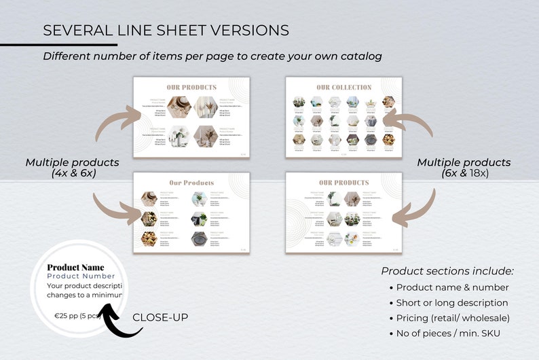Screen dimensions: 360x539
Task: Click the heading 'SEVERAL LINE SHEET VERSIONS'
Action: point(166,31)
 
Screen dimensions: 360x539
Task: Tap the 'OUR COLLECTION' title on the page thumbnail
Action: point(343,88)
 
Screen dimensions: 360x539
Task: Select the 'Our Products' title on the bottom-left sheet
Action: point(191,183)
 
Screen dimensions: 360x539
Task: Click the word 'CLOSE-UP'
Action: point(160,317)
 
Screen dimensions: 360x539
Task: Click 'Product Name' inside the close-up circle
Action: point(75,267)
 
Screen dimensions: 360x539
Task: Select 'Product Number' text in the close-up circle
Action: point(81,276)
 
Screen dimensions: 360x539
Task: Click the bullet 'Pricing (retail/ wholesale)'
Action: point(452,318)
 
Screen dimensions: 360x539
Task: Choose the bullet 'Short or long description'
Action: point(452,303)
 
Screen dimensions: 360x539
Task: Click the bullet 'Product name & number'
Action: point(452,287)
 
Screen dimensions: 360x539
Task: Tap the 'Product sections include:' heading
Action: point(447,271)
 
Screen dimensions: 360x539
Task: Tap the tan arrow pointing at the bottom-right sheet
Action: point(415,206)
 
